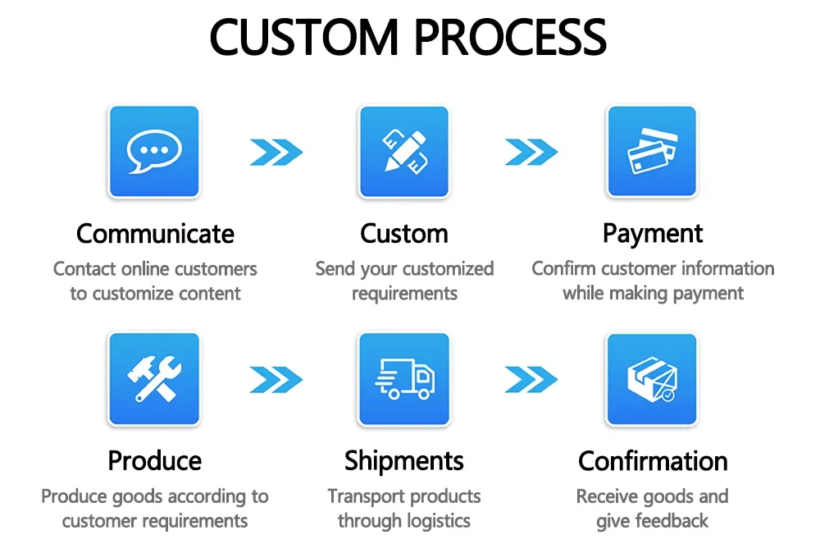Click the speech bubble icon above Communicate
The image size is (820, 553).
(x=153, y=152)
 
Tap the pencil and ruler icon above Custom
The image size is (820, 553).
(x=404, y=152)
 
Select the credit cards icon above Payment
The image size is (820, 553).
(x=652, y=152)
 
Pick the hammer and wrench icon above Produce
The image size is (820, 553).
(x=153, y=379)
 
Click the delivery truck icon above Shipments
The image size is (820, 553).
(x=404, y=379)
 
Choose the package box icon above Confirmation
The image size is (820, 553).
(x=652, y=379)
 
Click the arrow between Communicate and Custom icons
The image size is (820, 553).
(x=276, y=152)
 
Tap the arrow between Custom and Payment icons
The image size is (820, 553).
(x=531, y=152)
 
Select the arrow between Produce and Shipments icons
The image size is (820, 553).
(x=276, y=379)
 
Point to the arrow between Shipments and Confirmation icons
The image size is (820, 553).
(x=531, y=379)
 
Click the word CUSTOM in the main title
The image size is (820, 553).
(x=300, y=37)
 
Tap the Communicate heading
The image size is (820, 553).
(x=155, y=234)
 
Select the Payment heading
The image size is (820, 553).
(x=653, y=234)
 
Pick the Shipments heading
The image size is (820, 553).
(x=404, y=461)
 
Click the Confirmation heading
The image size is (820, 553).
(x=653, y=461)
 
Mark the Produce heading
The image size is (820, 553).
(x=155, y=461)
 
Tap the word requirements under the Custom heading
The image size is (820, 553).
(x=404, y=294)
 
